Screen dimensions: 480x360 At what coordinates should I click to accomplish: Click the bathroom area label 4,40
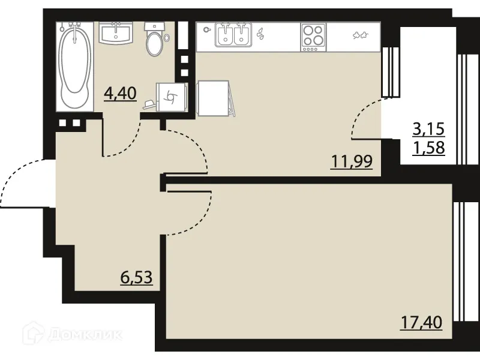point(121,94)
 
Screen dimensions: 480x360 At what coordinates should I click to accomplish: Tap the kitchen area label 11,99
point(352,161)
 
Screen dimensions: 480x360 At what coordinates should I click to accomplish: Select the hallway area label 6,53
point(137,278)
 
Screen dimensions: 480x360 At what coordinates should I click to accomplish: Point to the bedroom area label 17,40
point(422,323)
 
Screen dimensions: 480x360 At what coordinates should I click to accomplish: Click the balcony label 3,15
point(428,129)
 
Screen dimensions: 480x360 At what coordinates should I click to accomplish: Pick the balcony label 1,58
point(428,148)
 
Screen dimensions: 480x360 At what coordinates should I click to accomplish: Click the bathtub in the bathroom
point(75,67)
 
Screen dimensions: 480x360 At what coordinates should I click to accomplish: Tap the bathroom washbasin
point(116,33)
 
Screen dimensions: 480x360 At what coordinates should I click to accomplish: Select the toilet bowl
point(155,39)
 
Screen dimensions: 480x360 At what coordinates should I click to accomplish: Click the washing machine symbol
point(172,97)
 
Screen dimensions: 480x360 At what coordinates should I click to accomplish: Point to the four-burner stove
point(313,37)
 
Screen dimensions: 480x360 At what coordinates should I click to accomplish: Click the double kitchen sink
point(233,35)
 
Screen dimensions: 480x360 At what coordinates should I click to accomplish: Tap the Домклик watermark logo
point(72,334)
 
